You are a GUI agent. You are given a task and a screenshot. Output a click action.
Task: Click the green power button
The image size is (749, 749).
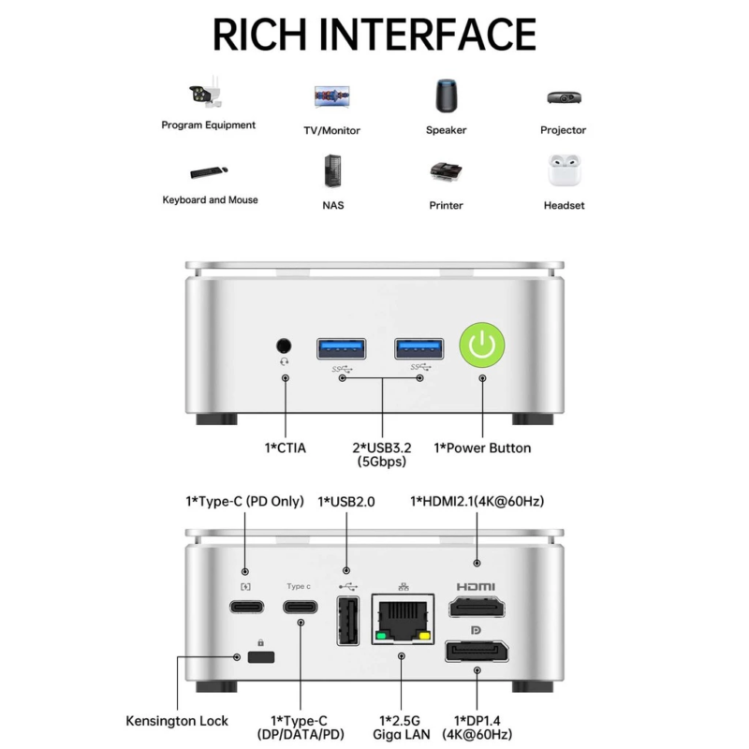[482, 345]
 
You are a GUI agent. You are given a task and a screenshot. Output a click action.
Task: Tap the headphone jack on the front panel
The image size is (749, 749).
[284, 345]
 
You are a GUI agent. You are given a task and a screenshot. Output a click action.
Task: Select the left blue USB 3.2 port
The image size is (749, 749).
[342, 348]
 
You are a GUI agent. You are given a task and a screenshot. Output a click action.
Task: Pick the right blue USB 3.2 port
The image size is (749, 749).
[419, 348]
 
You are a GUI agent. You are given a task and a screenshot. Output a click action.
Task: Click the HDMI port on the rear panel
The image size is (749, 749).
[477, 607]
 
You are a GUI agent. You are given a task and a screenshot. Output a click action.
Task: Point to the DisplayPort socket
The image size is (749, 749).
[477, 652]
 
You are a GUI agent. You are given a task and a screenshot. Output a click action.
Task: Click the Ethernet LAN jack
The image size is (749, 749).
[404, 620]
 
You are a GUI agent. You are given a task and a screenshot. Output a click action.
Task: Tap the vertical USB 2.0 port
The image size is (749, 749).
[348, 621]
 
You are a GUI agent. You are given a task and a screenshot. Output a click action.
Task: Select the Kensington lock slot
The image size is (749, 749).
[261, 657]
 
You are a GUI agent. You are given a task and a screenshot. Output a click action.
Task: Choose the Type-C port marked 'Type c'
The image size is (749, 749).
[300, 607]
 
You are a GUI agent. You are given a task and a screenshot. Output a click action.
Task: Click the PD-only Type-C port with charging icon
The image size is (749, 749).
[246, 607]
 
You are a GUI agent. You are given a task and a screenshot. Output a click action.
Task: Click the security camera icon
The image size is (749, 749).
[206, 92]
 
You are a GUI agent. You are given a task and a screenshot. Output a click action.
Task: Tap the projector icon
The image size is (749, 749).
[565, 97]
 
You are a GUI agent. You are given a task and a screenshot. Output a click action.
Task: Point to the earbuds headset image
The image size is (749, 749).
[565, 170]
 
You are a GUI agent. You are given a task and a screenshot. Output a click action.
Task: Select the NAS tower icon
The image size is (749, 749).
[332, 170]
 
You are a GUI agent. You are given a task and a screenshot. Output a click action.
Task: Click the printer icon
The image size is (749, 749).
[446, 171]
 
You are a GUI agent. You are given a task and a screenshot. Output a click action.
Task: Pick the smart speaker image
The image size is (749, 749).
[447, 95]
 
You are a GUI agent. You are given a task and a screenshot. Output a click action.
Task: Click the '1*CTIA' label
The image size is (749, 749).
[286, 448]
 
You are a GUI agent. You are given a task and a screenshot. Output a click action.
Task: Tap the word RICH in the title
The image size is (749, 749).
[259, 34]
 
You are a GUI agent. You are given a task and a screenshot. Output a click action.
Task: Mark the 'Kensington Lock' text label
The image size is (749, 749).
[177, 721]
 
